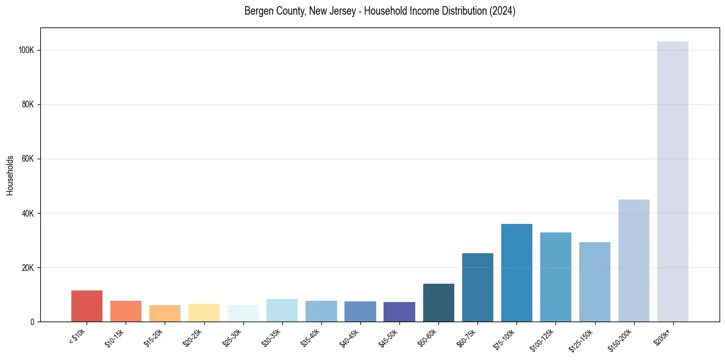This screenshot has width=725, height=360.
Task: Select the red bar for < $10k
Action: click(x=87, y=306)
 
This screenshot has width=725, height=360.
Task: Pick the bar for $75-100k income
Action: click(x=516, y=273)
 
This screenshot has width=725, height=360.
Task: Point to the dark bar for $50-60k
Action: click(x=438, y=303)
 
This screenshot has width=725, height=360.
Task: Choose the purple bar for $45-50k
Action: click(x=399, y=312)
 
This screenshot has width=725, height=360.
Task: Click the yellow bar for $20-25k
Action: click(x=204, y=313)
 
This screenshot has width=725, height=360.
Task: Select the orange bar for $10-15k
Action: click(x=126, y=311)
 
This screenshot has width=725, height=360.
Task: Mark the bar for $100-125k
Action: click(x=555, y=277)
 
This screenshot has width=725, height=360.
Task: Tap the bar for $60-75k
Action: click(x=477, y=287)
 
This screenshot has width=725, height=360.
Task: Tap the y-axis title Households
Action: click(x=10, y=175)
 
